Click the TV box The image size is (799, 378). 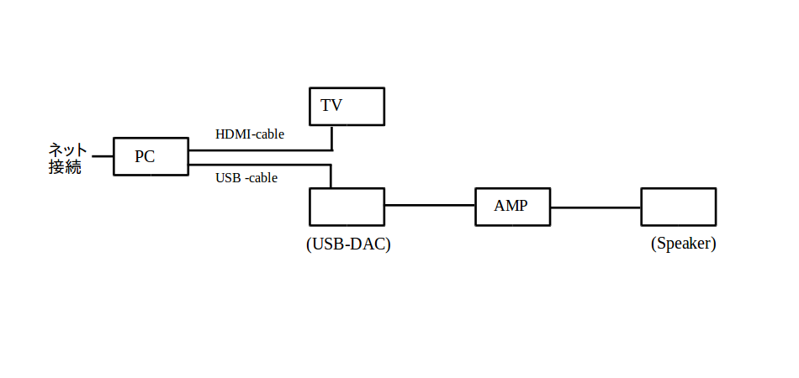(x=347, y=107)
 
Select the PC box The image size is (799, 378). (x=151, y=156)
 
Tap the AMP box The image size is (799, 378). (x=512, y=207)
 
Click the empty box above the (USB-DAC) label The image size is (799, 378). (x=347, y=207)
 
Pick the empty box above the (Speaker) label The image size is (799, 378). (x=678, y=207)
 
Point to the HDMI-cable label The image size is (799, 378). (x=250, y=134)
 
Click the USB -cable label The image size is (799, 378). (x=246, y=178)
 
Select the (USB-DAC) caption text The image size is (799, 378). (x=348, y=244)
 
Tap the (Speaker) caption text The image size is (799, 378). (x=683, y=244)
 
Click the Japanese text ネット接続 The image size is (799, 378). (x=66, y=159)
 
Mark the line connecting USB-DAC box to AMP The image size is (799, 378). (x=430, y=205)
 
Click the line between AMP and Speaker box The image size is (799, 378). (x=595, y=207)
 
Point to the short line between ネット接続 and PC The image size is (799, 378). (x=103, y=156)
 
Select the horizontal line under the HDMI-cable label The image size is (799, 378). (x=261, y=150)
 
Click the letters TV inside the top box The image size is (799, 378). (x=331, y=106)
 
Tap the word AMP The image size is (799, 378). (x=511, y=206)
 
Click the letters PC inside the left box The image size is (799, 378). (x=145, y=156)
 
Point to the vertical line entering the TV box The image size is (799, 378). (x=332, y=139)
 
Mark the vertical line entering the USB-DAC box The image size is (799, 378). (x=331, y=176)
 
